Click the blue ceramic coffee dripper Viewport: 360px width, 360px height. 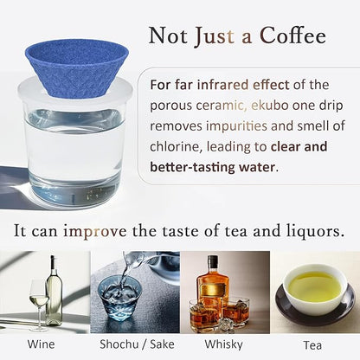pos(75,66)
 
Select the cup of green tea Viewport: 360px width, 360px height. pos(314,288)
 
